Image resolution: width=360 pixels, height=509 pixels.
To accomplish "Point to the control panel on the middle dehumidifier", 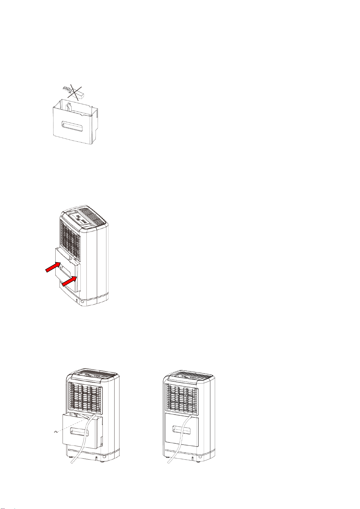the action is click(80, 219).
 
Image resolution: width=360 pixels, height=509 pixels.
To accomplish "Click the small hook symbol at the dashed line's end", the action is click(55, 433).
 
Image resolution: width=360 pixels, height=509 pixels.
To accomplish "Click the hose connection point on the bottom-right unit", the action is click(190, 416).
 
